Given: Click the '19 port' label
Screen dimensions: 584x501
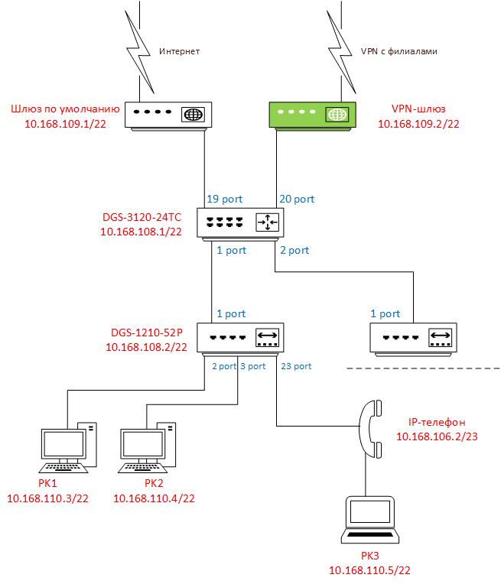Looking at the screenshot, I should (x=223, y=199).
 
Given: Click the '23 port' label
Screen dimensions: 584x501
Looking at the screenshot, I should (x=296, y=366).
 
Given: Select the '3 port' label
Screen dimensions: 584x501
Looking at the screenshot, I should (x=253, y=366).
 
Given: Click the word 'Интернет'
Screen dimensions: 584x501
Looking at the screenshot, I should (x=179, y=52).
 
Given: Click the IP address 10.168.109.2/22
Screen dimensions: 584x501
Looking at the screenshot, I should (x=420, y=123).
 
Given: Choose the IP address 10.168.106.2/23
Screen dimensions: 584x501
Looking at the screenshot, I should (x=437, y=436).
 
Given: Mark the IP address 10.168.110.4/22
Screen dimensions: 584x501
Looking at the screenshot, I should (x=154, y=498).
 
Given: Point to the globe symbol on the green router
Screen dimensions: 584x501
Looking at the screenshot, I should (x=337, y=115).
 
